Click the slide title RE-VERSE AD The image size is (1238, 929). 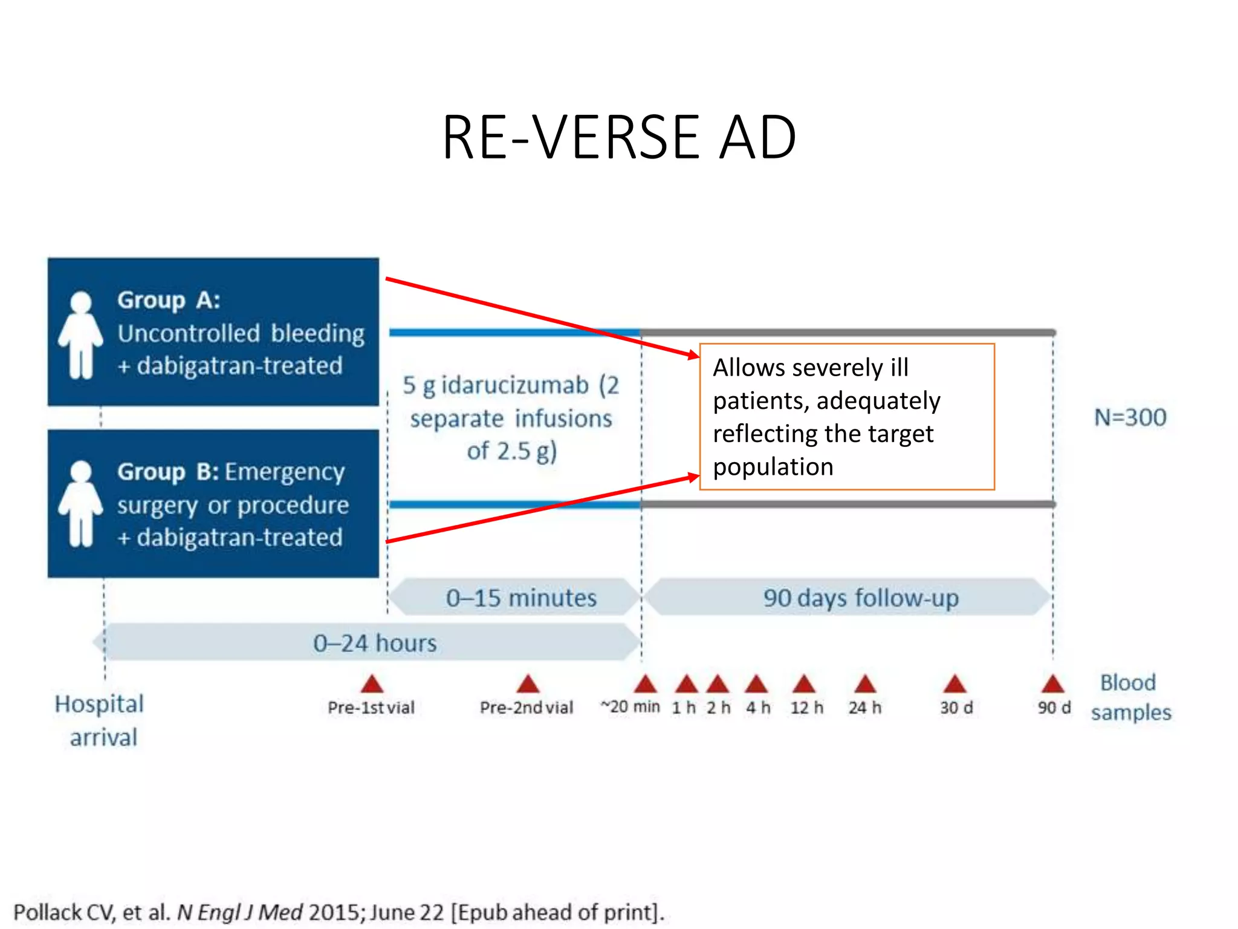coord(619,138)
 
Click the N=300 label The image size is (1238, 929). coord(1130,417)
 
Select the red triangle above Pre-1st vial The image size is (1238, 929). coord(372,684)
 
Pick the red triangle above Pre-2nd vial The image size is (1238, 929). coord(528,684)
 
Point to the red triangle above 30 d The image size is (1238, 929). coord(954,684)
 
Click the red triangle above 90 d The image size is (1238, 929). coord(1052,684)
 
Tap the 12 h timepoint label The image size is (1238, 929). coord(806,708)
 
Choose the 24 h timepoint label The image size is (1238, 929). coord(864,708)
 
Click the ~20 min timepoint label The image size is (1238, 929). coord(630,706)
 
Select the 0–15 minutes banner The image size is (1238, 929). coord(517,598)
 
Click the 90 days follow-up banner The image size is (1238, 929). coord(852,598)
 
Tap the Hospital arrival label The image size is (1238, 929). coord(100,720)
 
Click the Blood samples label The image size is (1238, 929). coord(1130,697)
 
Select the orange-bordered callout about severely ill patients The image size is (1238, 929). coord(846,417)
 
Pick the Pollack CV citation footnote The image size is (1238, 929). coord(339,912)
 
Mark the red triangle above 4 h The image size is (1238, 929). coord(756,684)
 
